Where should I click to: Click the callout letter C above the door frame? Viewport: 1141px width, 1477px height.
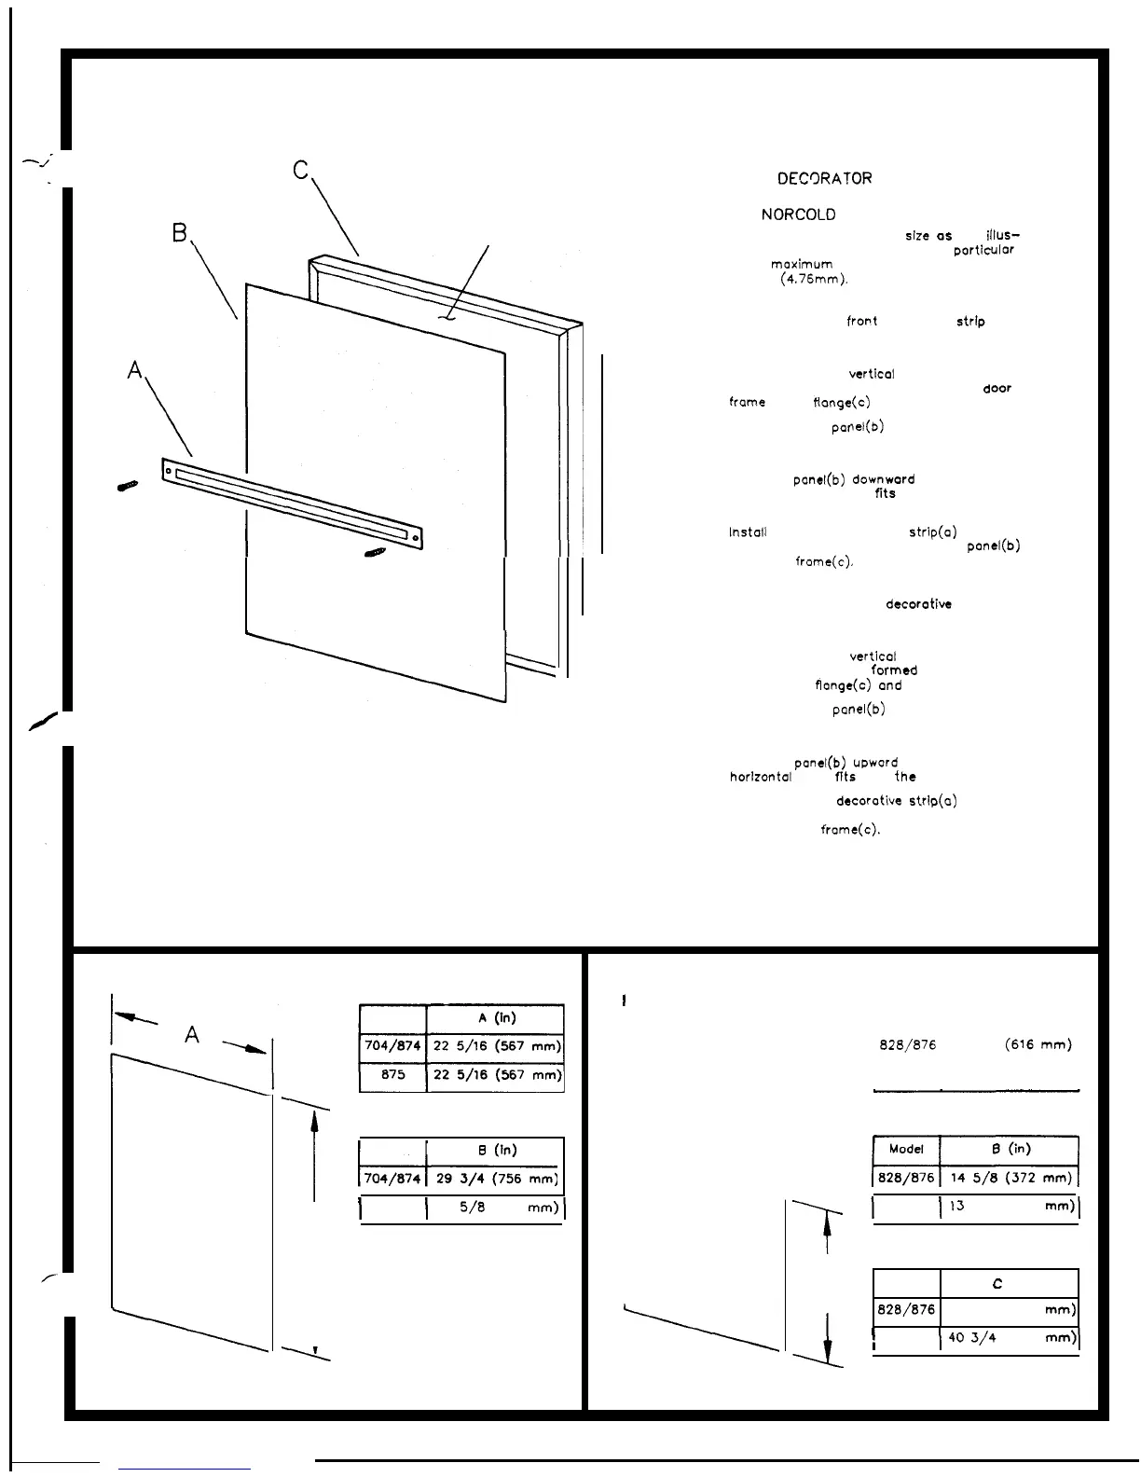[x=300, y=171]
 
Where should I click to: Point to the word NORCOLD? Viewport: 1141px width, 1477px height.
[x=798, y=214]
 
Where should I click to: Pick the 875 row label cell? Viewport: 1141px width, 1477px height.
[x=392, y=1074]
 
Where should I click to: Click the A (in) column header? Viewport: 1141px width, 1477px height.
[x=495, y=1018]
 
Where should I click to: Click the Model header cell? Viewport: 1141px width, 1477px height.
[x=906, y=1150]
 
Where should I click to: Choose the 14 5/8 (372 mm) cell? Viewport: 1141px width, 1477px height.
[x=1009, y=1178]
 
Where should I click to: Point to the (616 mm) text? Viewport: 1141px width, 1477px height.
[x=1038, y=1045]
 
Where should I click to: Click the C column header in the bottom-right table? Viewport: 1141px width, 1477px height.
[x=997, y=1284]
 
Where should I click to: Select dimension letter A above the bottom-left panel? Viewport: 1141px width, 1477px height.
[x=192, y=1034]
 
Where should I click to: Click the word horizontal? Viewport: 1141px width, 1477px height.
[x=760, y=777]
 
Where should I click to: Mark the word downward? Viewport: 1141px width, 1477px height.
[x=883, y=479]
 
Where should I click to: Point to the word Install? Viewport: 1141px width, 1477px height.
[x=748, y=533]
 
